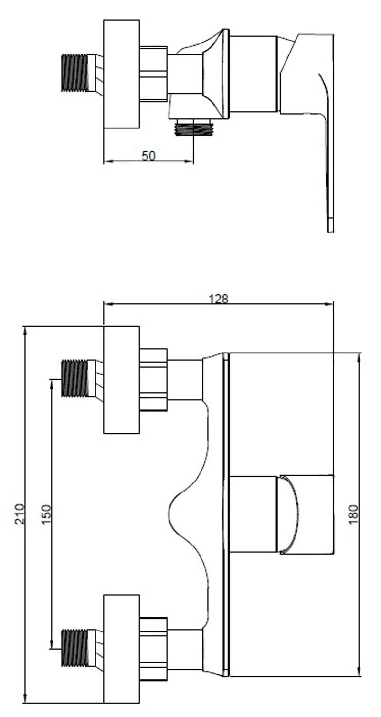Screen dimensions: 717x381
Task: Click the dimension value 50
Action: pyautogui.click(x=148, y=155)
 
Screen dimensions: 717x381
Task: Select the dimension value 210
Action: pyautogui.click(x=20, y=514)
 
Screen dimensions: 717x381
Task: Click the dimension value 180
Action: pyautogui.click(x=353, y=514)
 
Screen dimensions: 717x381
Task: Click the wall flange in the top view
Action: pyautogui.click(x=121, y=74)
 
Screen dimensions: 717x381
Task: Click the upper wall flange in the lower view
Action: pyautogui.click(x=121, y=380)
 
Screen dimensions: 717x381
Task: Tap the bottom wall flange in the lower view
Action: pyautogui.click(x=121, y=649)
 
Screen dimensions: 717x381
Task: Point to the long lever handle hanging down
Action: pyautogui.click(x=328, y=158)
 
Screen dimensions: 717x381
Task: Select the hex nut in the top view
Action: pyautogui.click(x=153, y=74)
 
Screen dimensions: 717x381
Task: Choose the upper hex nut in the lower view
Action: pyautogui.click(x=153, y=379)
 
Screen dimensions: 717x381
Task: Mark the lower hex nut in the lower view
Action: pyautogui.click(x=153, y=648)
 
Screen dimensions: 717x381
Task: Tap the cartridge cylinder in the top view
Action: pyautogui.click(x=253, y=74)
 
